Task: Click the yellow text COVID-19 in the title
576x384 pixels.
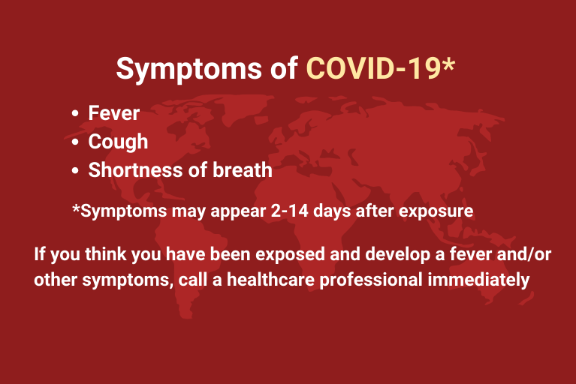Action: click(373, 68)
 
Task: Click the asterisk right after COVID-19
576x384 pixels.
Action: click(448, 64)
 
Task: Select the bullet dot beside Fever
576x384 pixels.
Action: click(75, 113)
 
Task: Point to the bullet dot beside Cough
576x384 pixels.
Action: click(75, 142)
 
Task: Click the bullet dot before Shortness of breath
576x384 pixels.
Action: click(75, 170)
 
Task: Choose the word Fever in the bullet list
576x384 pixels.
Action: click(114, 113)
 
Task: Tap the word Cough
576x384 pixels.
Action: click(119, 142)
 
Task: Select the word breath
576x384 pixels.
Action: click(243, 170)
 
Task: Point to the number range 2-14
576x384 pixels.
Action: click(289, 211)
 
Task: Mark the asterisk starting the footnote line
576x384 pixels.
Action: click(76, 208)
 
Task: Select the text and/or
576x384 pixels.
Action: click(524, 253)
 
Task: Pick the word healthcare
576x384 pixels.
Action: click(271, 280)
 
